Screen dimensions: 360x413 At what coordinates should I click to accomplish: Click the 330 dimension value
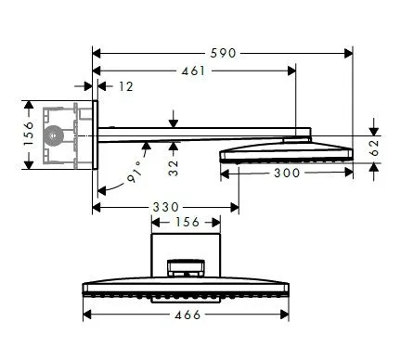pos(166,206)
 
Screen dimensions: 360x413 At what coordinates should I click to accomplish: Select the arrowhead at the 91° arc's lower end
pos(101,193)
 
